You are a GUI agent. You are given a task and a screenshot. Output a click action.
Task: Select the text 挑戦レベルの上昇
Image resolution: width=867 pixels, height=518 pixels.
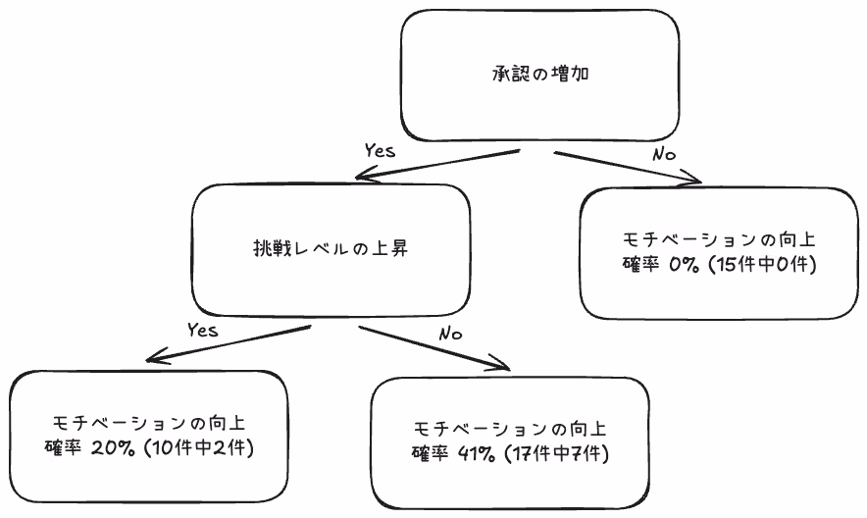pyautogui.click(x=329, y=248)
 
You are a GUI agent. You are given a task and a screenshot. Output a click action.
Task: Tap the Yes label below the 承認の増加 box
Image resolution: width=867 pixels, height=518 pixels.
pyautogui.click(x=380, y=151)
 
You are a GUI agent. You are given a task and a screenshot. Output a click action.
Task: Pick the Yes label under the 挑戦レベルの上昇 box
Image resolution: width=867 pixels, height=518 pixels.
pyautogui.click(x=201, y=330)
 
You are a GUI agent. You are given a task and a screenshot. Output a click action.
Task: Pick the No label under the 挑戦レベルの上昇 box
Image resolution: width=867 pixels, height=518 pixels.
pyautogui.click(x=450, y=334)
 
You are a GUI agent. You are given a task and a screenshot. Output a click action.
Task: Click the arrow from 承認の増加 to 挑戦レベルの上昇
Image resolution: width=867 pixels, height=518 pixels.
pyautogui.click(x=436, y=165)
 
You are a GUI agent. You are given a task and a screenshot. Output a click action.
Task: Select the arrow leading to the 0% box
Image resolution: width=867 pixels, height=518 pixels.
pyautogui.click(x=628, y=167)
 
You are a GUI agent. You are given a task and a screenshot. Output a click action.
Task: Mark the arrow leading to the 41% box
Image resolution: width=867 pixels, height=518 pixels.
pyautogui.click(x=436, y=348)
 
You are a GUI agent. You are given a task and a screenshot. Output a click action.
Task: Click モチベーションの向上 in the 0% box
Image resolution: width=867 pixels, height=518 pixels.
pyautogui.click(x=719, y=239)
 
